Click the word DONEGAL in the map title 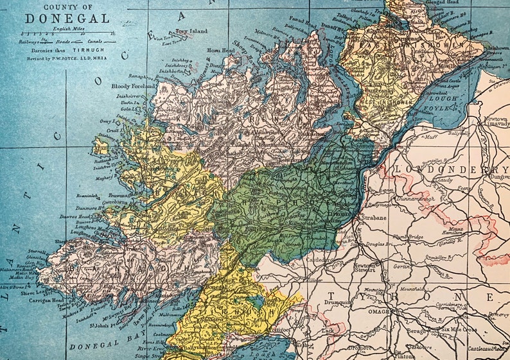click(x=67, y=19)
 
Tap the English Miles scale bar click(x=66, y=33)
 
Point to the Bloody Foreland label click(x=134, y=85)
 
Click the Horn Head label click(x=220, y=50)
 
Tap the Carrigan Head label click(x=42, y=300)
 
